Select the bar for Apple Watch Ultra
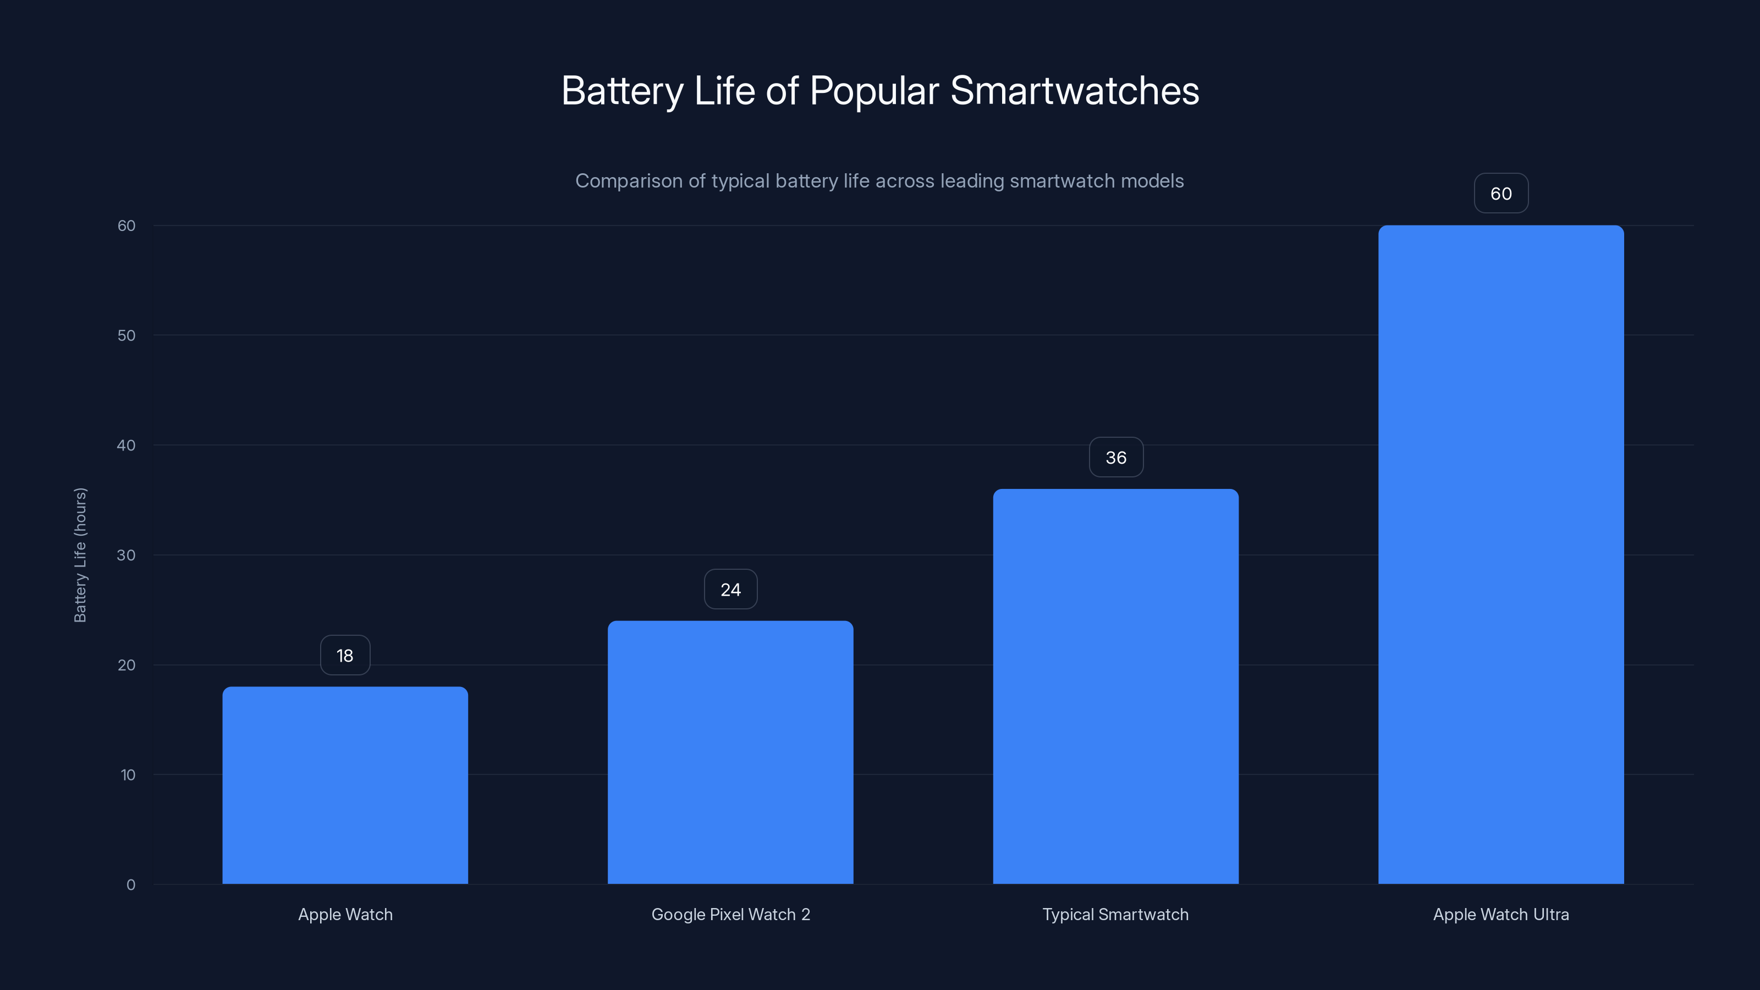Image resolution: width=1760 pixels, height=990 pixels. (x=1500, y=553)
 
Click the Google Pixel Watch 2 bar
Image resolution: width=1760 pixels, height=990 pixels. (x=730, y=751)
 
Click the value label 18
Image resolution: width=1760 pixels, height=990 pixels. (x=345, y=655)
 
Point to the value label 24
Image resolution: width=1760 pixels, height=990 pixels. (x=730, y=589)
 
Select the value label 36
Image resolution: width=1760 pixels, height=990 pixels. (x=1116, y=457)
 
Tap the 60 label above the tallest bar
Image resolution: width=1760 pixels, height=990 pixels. (x=1500, y=194)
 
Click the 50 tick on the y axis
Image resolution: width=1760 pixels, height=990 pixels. (x=127, y=335)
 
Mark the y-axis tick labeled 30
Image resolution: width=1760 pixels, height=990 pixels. (x=127, y=555)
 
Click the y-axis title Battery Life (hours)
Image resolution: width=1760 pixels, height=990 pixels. (x=80, y=555)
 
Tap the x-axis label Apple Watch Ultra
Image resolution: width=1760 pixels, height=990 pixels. (x=1500, y=914)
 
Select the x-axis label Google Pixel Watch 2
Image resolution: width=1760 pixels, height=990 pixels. (x=730, y=914)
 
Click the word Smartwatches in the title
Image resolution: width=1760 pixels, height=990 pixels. (x=1074, y=91)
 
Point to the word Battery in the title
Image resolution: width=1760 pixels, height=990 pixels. (x=621, y=91)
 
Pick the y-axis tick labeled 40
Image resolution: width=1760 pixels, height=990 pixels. (x=127, y=446)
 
